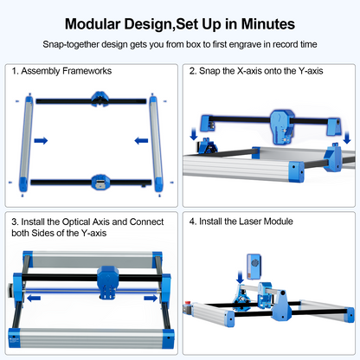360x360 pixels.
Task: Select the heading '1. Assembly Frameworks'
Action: coord(61,70)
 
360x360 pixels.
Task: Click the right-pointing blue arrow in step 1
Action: coord(40,139)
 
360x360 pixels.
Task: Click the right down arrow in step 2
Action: coord(347,137)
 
